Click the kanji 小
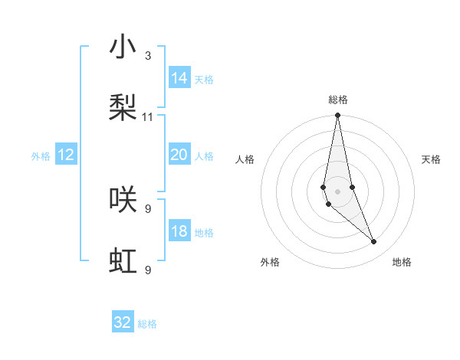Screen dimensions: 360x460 click(x=123, y=47)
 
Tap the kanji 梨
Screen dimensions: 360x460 click(x=123, y=108)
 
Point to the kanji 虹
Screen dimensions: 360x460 click(x=123, y=260)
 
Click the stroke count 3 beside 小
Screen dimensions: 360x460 click(x=148, y=56)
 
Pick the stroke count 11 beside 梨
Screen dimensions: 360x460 click(x=148, y=117)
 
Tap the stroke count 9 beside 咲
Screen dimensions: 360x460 click(x=148, y=208)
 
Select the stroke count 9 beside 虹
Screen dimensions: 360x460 click(x=148, y=270)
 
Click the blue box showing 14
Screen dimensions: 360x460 click(x=179, y=78)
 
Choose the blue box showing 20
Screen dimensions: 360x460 click(x=179, y=155)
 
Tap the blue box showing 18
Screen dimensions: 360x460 click(x=179, y=231)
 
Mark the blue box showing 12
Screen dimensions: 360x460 click(x=66, y=155)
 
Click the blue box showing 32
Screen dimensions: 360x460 click(x=123, y=322)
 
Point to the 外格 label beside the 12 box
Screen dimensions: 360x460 click(x=41, y=156)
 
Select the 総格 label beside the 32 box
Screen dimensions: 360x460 click(x=147, y=325)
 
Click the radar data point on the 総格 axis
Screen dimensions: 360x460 click(x=337, y=116)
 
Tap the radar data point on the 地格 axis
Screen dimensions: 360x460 click(x=374, y=242)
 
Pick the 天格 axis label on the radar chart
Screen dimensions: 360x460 click(x=432, y=159)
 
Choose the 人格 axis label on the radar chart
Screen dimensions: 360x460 click(x=245, y=159)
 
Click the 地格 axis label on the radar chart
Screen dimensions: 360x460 click(x=402, y=262)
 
